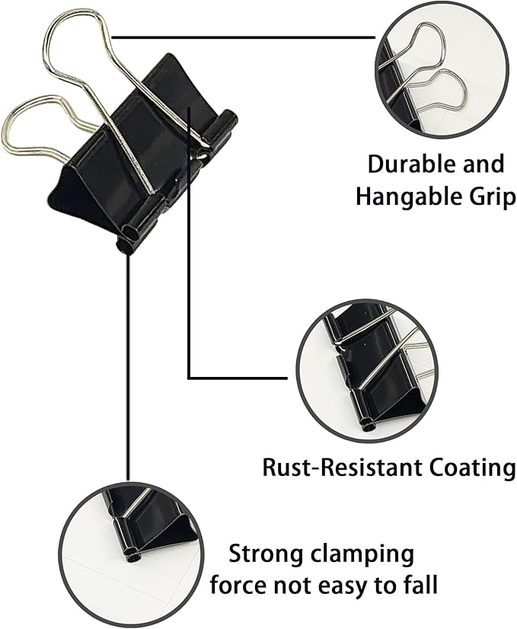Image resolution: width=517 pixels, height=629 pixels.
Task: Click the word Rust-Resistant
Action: point(343,468)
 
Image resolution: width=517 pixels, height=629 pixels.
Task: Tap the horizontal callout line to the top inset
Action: point(243,38)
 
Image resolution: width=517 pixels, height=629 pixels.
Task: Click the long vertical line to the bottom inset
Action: point(128,367)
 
